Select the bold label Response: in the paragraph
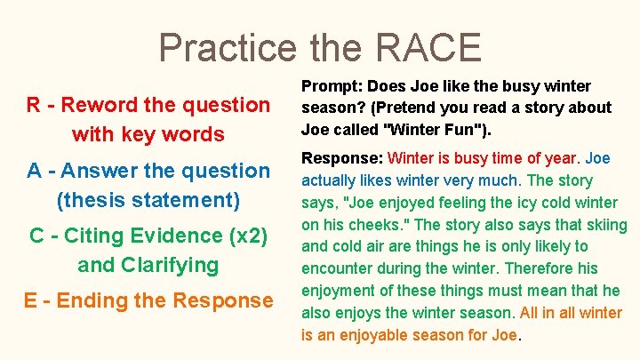tap(342, 159)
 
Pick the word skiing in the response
tap(604, 225)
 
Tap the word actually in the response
tap(331, 181)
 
